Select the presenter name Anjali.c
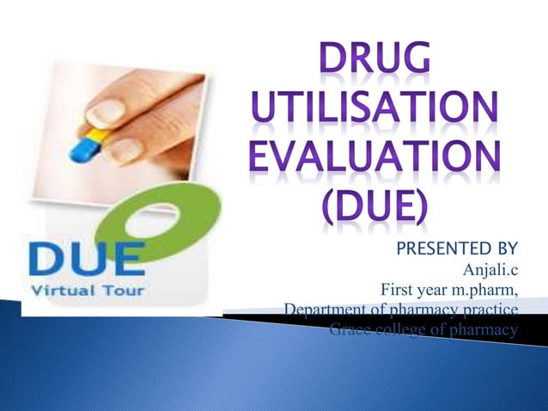[490, 273]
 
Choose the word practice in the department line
[490, 310]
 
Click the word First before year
[397, 291]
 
